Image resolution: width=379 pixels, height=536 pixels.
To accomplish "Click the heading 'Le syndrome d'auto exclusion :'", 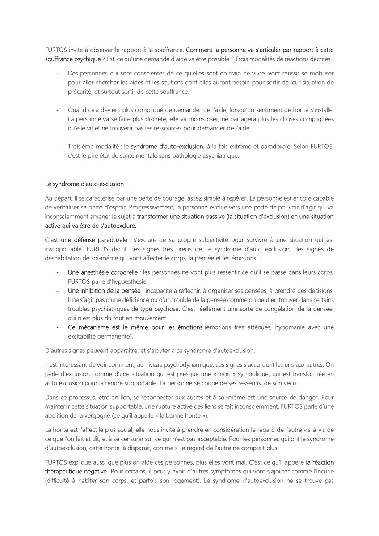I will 85,184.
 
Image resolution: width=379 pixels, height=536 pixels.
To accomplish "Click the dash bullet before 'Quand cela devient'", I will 57,110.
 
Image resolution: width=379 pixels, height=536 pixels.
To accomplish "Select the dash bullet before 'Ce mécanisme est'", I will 57,327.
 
